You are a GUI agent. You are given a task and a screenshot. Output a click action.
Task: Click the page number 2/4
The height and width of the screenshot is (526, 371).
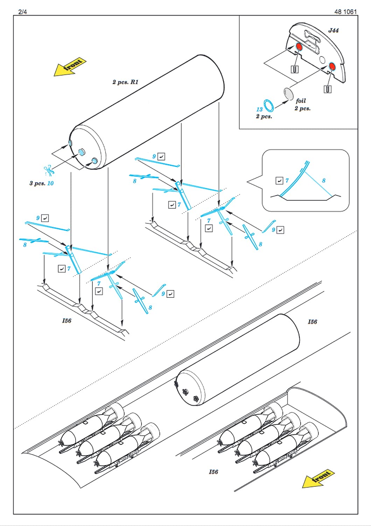click(22, 12)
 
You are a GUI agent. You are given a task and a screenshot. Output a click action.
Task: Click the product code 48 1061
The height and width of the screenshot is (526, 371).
click(345, 12)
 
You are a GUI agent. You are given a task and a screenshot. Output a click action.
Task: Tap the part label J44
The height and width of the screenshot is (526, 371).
click(333, 30)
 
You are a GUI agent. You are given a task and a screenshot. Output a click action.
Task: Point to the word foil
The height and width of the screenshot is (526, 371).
click(301, 101)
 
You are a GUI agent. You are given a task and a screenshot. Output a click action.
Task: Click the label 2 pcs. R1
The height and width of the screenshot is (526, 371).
click(125, 82)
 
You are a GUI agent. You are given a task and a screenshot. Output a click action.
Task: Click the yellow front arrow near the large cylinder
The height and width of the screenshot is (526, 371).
click(70, 67)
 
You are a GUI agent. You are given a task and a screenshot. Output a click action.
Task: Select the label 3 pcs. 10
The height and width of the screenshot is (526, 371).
click(42, 183)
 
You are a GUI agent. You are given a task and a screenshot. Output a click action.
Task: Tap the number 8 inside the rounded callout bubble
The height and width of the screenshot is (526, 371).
click(324, 181)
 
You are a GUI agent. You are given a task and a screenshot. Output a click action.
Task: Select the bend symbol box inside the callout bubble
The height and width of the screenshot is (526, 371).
click(279, 181)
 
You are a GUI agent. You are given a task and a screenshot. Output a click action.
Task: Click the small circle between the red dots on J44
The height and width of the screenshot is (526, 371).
click(322, 60)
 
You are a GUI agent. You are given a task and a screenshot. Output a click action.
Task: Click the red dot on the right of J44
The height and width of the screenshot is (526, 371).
click(332, 67)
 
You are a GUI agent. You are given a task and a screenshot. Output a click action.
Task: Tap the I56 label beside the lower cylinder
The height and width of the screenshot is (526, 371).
click(313, 322)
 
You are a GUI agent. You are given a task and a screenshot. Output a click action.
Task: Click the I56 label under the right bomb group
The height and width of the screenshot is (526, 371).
click(213, 472)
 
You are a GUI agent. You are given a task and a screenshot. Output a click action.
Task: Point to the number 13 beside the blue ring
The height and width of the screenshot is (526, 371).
click(259, 109)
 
